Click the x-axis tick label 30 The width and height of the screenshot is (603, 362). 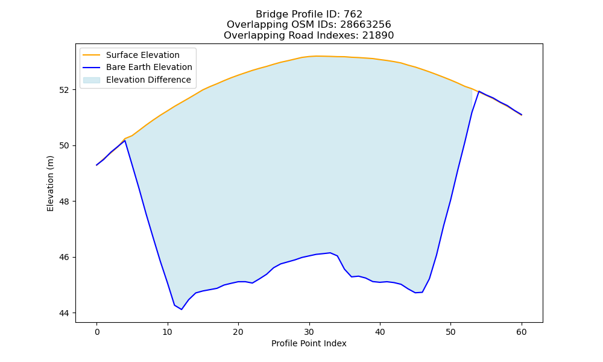click(x=309, y=332)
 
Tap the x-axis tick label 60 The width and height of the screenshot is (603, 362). click(x=522, y=332)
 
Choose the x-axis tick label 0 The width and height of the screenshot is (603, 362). click(x=96, y=332)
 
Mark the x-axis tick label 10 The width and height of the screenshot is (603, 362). click(x=167, y=332)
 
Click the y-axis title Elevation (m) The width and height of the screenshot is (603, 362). click(x=51, y=183)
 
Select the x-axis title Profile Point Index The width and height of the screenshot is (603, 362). click(x=309, y=343)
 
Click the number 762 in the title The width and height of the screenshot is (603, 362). click(x=353, y=14)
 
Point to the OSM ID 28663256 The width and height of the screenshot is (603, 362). click(x=365, y=25)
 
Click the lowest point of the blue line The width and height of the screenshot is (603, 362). click(x=182, y=310)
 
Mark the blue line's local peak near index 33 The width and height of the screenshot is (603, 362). click(x=330, y=253)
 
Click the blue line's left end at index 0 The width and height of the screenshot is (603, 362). click(x=96, y=165)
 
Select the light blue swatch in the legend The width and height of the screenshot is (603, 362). click(x=92, y=80)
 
